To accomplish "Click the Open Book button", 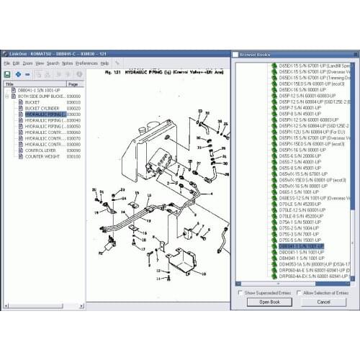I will pos(269,302).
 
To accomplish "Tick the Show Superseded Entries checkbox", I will pos(240,293).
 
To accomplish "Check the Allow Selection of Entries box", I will pos(299,293).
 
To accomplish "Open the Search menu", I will pos(53,63).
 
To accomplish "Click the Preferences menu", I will pos(87,63).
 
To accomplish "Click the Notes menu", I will pos(68,63).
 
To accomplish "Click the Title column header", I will pos(10,84).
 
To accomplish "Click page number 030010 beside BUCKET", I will pos(73,102).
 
